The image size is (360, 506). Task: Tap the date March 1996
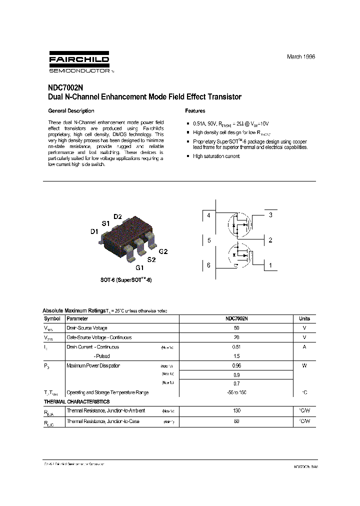pos(301,57)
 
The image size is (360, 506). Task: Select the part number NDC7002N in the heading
pos(64,87)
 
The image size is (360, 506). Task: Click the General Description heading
pos(71,111)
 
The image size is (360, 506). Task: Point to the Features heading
pos(195,111)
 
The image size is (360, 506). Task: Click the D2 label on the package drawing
pos(117,216)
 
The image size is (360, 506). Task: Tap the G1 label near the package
pos(140,268)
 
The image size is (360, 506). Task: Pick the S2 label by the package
pos(151,260)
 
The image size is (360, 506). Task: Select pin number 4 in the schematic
pos(208,215)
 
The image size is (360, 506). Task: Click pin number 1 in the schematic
pos(270,265)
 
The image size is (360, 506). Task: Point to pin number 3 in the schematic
pos(270,215)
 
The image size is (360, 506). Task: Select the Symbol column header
pos(52,318)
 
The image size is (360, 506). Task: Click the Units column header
pos(304,318)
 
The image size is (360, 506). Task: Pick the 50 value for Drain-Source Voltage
pos(236,328)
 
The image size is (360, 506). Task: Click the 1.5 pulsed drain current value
pos(236,356)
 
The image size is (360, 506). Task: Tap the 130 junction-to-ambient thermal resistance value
pos(236,410)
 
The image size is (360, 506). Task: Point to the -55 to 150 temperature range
pos(236,393)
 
